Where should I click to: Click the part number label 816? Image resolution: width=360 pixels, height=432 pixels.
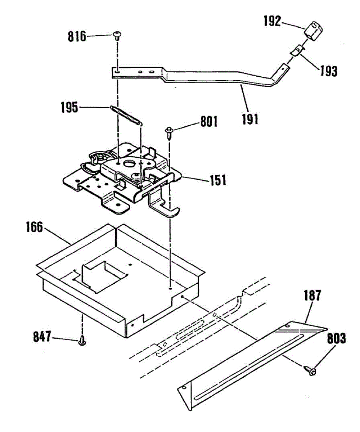(77, 36)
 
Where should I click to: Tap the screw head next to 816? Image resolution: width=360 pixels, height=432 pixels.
(117, 35)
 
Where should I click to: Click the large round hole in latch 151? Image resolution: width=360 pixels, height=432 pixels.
(129, 164)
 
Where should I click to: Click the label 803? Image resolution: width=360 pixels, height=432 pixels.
(337, 338)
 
